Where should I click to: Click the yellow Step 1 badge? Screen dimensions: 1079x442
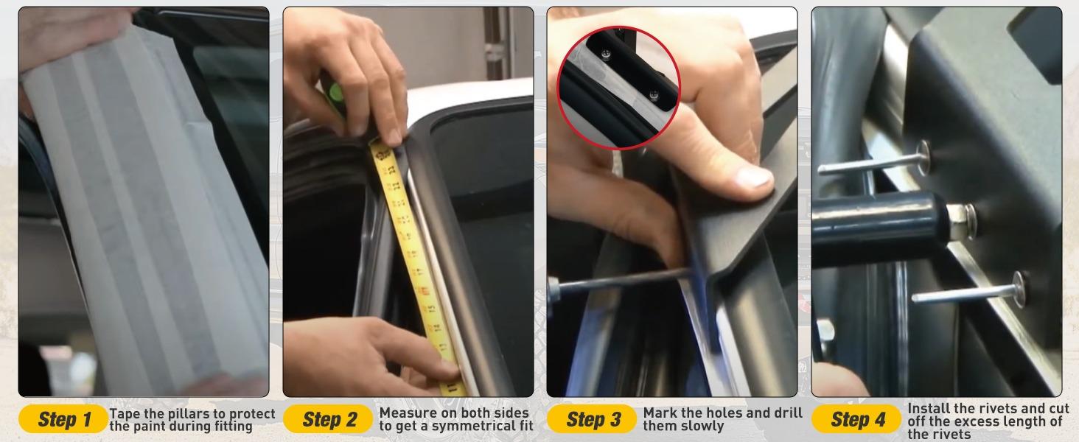[x=63, y=419]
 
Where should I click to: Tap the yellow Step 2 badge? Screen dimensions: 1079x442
[x=328, y=419]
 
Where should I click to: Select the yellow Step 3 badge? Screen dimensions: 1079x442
[x=592, y=419]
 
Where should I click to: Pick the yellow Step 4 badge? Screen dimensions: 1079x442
[x=856, y=419]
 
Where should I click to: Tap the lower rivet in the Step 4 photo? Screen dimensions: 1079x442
[x=969, y=290]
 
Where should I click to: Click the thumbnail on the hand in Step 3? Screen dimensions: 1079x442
[x=754, y=178]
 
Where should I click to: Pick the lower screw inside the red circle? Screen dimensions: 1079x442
[x=653, y=95]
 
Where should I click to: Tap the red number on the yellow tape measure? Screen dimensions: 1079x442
[x=425, y=290]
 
